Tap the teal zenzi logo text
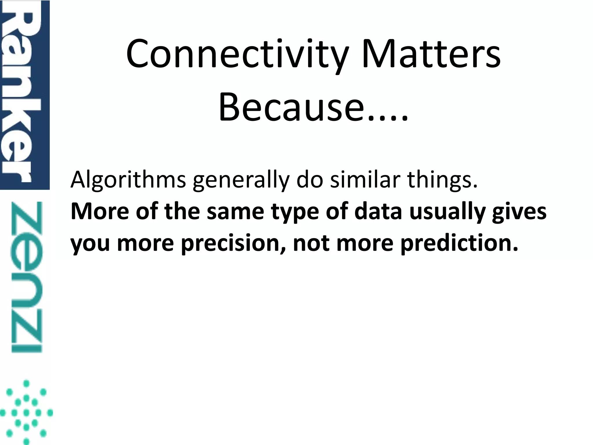point(27,277)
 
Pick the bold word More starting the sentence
point(100,211)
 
